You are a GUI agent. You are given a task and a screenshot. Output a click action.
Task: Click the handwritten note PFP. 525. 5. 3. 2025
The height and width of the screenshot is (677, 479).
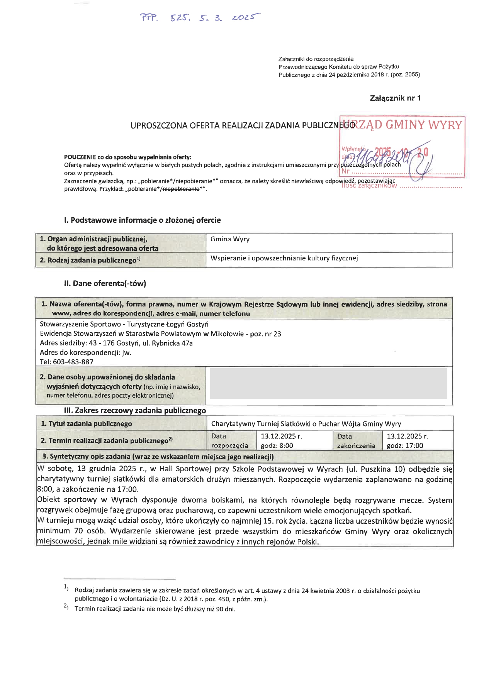tap(199, 18)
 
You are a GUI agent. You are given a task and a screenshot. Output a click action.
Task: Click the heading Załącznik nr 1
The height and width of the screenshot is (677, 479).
tap(395, 98)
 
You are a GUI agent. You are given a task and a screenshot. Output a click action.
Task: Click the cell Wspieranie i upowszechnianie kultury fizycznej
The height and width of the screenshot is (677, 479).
tap(284, 258)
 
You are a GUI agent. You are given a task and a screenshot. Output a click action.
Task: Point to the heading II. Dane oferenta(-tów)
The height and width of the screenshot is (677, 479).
tap(105, 284)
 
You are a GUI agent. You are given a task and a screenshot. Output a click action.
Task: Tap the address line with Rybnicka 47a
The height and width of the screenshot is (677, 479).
tap(116, 343)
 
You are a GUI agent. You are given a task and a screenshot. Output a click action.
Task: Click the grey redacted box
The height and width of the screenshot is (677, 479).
tap(328, 383)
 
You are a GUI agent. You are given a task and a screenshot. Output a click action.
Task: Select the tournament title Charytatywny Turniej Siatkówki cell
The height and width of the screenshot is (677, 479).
tap(306, 424)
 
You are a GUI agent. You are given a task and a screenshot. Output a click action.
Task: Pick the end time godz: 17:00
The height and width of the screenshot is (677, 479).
tap(405, 446)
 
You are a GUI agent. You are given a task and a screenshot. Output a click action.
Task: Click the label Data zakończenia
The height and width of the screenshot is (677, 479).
tap(355, 441)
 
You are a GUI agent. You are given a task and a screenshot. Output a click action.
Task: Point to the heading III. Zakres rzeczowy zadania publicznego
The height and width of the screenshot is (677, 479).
tap(135, 411)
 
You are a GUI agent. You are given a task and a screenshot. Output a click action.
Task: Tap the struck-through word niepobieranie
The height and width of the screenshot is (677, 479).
tap(181, 189)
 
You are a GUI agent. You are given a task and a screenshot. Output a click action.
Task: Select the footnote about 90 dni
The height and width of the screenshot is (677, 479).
tap(155, 609)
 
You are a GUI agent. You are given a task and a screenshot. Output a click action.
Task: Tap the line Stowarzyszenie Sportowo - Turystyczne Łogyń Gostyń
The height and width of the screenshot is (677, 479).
tap(124, 324)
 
